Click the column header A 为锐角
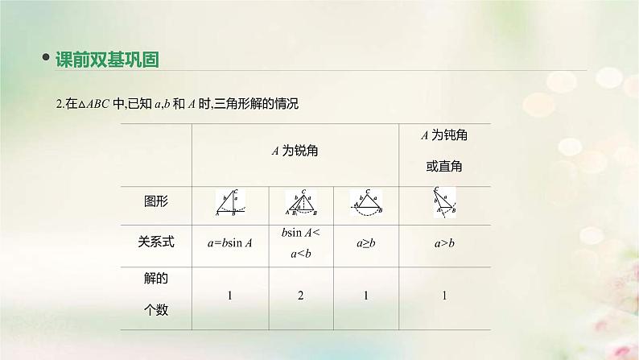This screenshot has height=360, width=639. click(x=299, y=151)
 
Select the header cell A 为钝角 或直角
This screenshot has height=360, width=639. click(x=445, y=151)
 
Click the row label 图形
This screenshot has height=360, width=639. click(x=155, y=201)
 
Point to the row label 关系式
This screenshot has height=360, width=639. click(x=155, y=240)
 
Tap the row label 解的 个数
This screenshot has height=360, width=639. click(x=155, y=294)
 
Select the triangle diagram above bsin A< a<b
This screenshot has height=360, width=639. click(x=299, y=203)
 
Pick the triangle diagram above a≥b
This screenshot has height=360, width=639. click(x=366, y=203)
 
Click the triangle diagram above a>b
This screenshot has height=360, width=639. click(x=444, y=203)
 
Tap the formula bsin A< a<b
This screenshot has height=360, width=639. click(x=299, y=241)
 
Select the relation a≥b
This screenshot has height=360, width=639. click(x=366, y=241)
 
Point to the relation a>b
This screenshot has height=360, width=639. click(x=444, y=241)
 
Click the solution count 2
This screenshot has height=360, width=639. click(x=299, y=296)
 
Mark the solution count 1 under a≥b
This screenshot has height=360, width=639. click(x=366, y=296)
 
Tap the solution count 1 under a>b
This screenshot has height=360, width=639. click(x=444, y=296)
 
